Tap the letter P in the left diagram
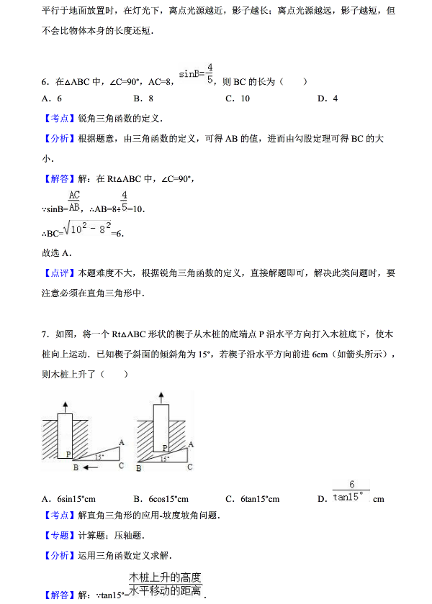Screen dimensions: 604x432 point(69,454)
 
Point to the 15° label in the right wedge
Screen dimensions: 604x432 point(165,458)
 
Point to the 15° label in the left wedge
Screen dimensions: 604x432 point(99,457)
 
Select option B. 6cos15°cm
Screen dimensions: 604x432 point(161,499)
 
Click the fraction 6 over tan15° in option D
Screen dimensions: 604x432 point(351,491)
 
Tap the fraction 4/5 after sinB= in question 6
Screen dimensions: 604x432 point(210,74)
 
